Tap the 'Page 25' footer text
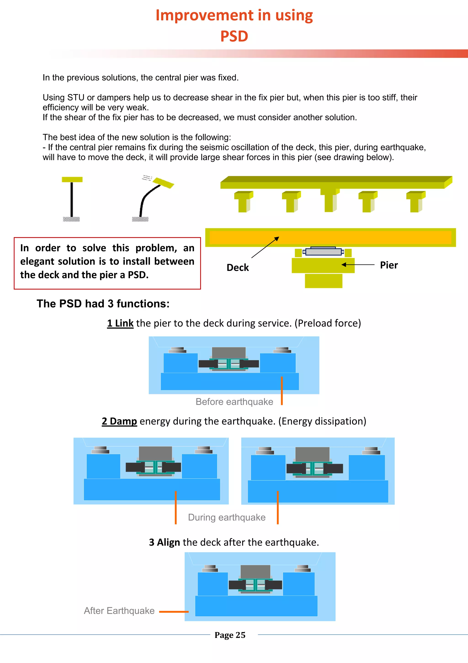[x=230, y=635]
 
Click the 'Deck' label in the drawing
[x=237, y=267]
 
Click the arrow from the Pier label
[x=358, y=264]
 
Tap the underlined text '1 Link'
[x=120, y=323]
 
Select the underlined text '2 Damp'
[x=119, y=421]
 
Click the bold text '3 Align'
[x=164, y=542]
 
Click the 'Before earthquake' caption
[x=234, y=402]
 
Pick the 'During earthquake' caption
[x=227, y=517]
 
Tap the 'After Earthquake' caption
[x=119, y=611]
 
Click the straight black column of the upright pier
[x=72, y=199]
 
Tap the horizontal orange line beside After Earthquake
[x=174, y=612]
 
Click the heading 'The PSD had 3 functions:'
[x=103, y=304]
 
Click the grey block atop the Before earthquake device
[x=229, y=353]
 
